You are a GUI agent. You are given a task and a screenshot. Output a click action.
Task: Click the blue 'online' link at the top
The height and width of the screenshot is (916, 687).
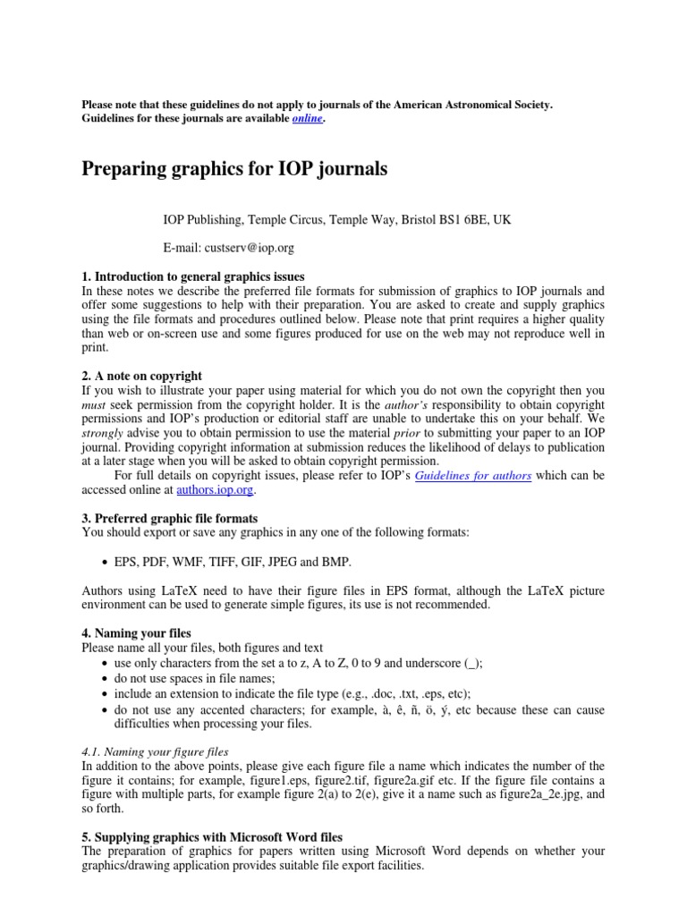point(306,119)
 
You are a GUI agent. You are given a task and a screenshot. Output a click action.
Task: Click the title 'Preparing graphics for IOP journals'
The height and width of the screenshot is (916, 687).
point(234,169)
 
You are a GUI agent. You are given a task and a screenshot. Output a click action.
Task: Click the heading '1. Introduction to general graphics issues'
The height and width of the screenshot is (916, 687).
point(193,276)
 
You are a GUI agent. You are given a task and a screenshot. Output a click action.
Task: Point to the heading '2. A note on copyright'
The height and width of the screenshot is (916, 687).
point(141,376)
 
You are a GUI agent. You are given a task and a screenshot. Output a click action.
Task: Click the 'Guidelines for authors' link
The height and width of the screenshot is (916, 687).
point(473,476)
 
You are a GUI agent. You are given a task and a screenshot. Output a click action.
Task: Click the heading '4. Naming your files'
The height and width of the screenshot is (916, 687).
point(136,632)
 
